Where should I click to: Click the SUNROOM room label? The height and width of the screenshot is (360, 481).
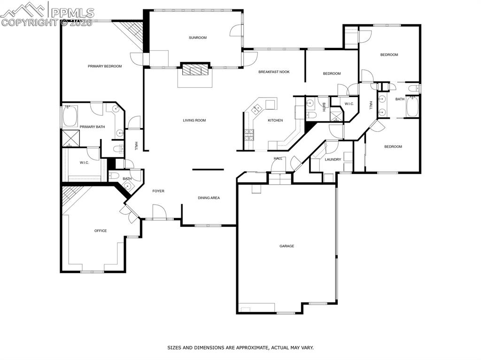tap(198, 38)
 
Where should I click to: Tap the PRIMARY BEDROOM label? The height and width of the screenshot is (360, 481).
tap(105, 66)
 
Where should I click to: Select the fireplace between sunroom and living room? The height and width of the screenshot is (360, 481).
tap(194, 70)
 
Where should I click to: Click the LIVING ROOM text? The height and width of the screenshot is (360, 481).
tap(194, 121)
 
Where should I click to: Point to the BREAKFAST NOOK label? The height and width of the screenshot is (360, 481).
tap(274, 72)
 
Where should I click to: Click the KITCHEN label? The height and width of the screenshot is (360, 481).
tap(275, 121)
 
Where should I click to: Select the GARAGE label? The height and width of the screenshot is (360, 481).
tap(287, 246)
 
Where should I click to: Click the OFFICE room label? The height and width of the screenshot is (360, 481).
tap(101, 231)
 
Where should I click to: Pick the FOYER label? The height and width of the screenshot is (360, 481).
tap(158, 191)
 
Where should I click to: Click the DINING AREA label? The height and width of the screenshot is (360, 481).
tap(208, 198)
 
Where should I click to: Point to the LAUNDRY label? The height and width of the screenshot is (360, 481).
tap(333, 160)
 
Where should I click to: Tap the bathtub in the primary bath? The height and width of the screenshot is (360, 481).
tap(71, 117)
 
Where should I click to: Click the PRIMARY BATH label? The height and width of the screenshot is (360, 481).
tap(92, 127)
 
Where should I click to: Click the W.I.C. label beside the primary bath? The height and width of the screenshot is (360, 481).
tap(85, 163)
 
